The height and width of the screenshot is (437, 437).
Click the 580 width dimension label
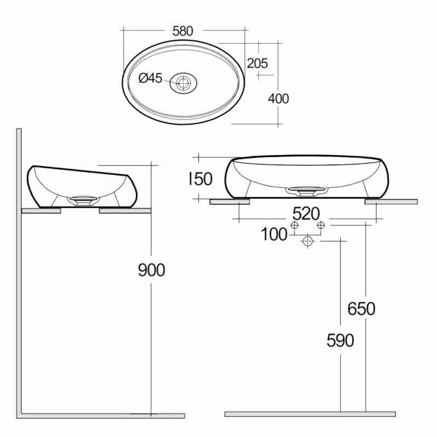(182, 31)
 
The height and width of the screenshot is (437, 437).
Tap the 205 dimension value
(257, 63)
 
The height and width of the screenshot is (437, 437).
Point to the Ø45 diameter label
(151, 79)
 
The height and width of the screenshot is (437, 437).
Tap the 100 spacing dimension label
(274, 234)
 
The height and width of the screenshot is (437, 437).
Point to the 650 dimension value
(362, 309)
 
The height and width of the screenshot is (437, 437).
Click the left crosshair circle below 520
(295, 225)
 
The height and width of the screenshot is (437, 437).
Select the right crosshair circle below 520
(321, 225)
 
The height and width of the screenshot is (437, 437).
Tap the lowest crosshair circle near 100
(308, 241)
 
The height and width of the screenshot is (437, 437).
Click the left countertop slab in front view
(230, 202)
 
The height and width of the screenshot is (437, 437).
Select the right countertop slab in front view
(391, 202)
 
